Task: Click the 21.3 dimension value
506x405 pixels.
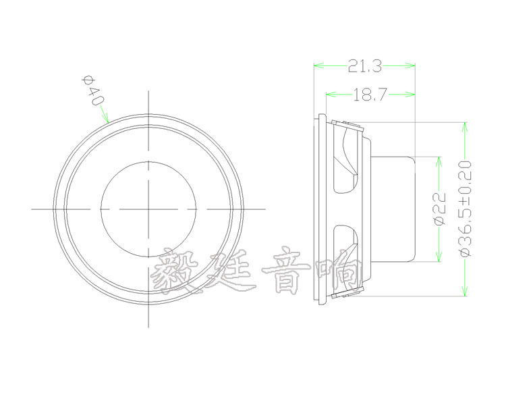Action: (364, 65)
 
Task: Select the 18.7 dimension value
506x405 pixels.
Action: (369, 95)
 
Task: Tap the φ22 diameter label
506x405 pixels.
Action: (439, 209)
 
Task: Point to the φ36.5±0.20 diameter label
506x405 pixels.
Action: (465, 209)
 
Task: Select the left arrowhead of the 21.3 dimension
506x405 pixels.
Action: (316, 65)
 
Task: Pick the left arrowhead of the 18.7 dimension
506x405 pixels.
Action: (329, 95)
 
